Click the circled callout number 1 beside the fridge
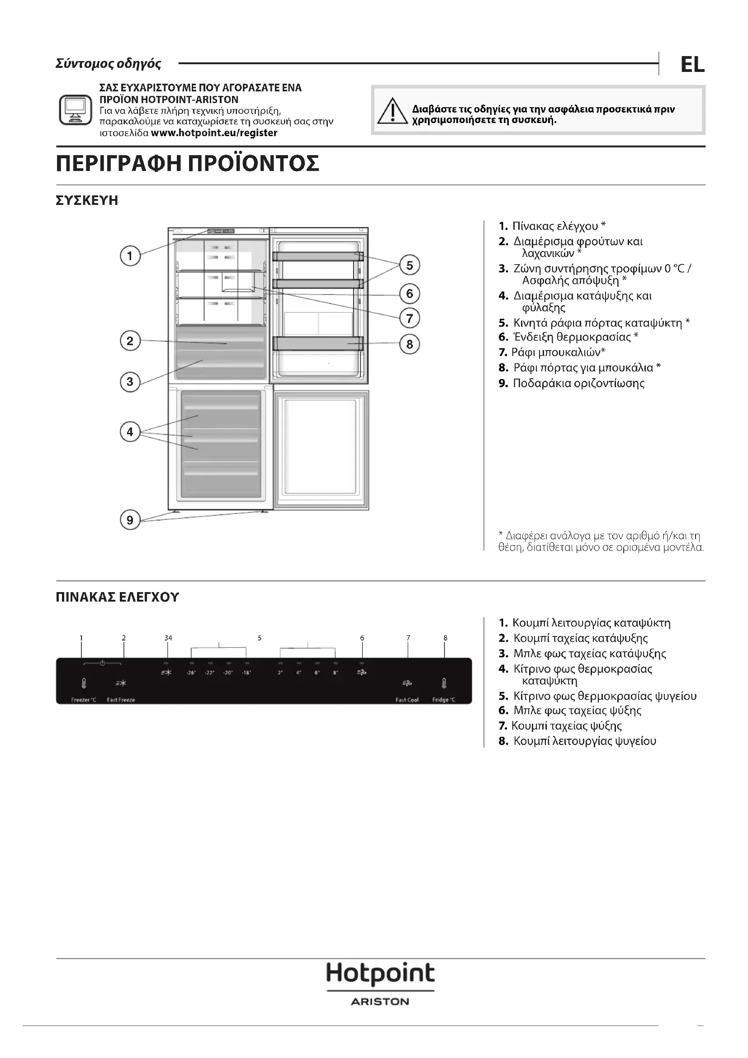tap(130, 256)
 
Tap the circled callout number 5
tap(409, 266)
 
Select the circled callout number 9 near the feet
tap(130, 520)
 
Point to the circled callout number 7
tap(409, 318)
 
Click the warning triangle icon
tap(392, 112)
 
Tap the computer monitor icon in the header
tap(76, 109)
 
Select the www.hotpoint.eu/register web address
tap(214, 133)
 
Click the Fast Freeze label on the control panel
tap(121, 700)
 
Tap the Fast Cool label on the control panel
tap(407, 700)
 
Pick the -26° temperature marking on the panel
tap(191, 673)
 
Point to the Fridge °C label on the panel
tap(444, 700)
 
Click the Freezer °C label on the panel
tap(84, 700)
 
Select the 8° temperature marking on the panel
tap(335, 673)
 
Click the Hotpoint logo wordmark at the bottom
tap(380, 974)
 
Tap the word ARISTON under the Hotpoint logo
tap(380, 1002)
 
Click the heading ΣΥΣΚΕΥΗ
tap(87, 201)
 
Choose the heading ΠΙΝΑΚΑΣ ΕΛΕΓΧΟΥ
tap(117, 598)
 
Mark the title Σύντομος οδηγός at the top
tap(108, 64)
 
